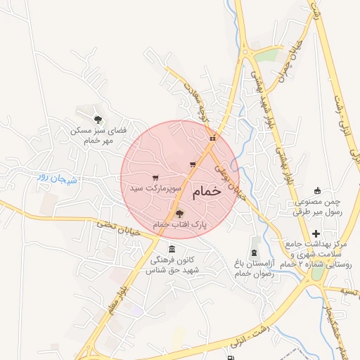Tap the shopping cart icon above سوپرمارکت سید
(155, 177)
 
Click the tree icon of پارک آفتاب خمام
(179, 213)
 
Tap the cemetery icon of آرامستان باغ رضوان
(254, 252)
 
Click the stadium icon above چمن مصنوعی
(317, 190)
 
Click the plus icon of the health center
(316, 233)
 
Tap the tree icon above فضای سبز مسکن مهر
(98, 119)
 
